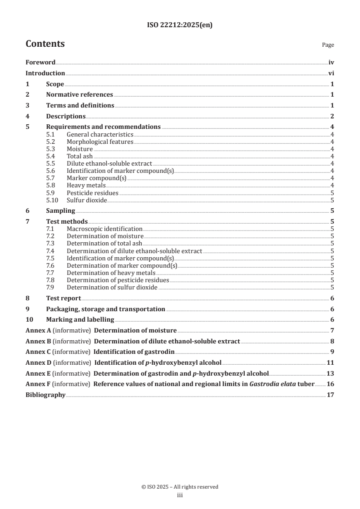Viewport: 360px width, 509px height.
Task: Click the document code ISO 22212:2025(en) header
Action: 180,25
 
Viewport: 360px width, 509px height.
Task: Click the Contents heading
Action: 45,44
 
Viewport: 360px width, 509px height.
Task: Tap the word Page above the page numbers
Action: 328,45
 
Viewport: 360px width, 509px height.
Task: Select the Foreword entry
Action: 40,63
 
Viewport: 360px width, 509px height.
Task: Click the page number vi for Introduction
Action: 331,73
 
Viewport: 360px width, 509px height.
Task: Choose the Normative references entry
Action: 79,94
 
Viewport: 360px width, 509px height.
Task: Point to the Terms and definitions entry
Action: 80,105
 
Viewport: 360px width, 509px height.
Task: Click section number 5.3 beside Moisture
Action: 52,149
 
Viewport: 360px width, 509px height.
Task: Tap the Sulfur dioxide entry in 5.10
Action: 87,200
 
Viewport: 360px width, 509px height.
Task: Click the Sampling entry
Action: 60,210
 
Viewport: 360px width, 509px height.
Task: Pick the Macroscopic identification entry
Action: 104,229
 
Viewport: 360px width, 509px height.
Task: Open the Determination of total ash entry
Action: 104,244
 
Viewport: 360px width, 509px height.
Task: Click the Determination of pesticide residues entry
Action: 118,280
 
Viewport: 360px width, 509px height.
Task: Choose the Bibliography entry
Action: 45,395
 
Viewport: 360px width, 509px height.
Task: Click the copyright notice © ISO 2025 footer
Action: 180,487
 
